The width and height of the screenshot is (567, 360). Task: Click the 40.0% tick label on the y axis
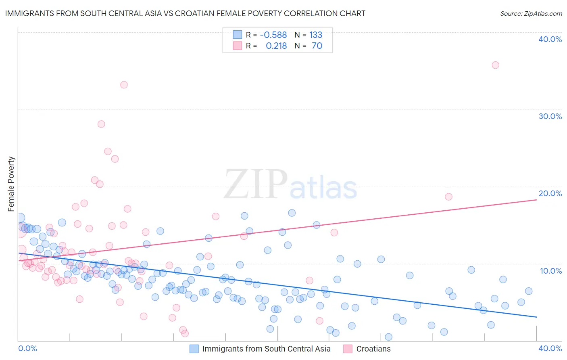550,39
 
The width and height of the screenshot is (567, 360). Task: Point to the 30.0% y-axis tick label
550,116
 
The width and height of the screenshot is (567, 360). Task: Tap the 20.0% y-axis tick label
550,193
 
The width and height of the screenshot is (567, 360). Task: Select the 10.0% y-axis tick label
550,270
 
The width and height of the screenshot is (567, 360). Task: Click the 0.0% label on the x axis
27,348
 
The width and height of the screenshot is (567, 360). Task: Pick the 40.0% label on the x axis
550,348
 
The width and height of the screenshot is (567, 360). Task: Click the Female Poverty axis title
11,184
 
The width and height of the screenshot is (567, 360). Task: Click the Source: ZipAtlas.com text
531,13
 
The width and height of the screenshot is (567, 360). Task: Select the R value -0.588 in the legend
273,35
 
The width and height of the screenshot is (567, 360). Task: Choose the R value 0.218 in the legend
276,46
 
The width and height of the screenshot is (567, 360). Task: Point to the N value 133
316,35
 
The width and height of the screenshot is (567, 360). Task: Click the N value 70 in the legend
317,46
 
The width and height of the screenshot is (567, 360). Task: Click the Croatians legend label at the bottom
373,349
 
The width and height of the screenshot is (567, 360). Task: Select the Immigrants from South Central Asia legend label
266,349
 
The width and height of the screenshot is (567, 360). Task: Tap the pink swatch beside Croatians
348,349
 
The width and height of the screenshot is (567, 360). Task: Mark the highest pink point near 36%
495,65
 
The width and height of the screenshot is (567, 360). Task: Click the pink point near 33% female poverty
124,85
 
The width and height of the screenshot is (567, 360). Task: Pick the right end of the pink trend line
536,200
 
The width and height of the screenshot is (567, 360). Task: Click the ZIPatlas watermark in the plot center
290,184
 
